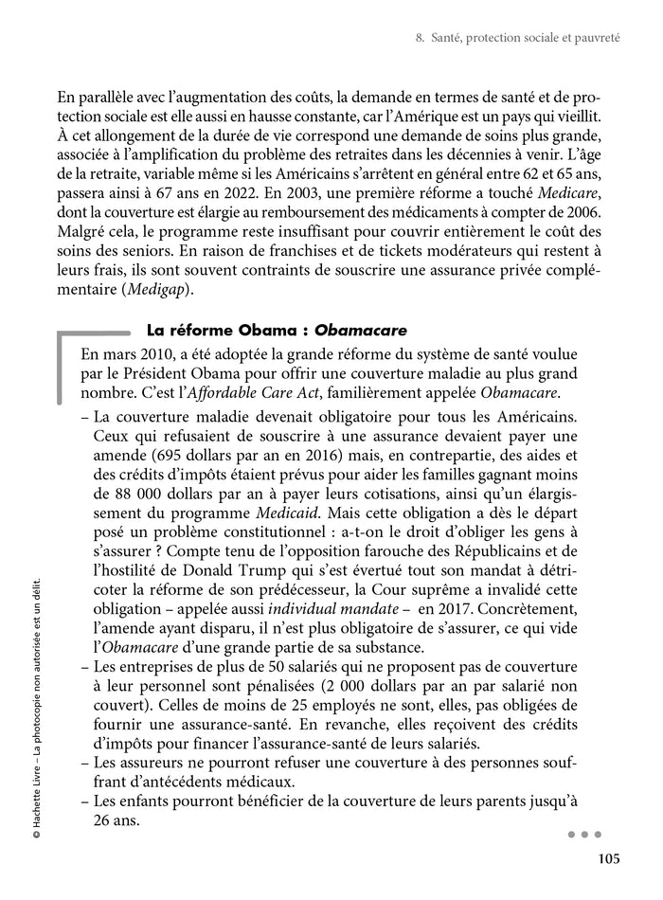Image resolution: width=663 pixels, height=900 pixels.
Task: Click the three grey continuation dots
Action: tap(584, 836)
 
